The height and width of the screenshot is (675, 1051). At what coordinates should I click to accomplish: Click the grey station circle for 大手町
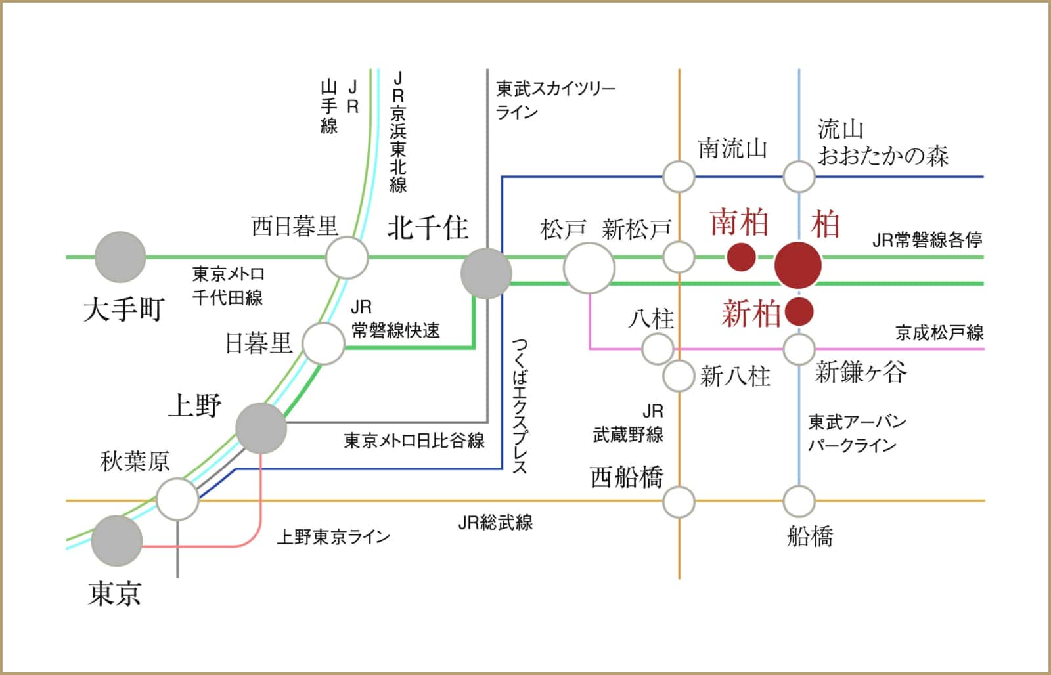coord(120,257)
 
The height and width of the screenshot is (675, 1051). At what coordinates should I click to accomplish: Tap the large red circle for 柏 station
coord(798,265)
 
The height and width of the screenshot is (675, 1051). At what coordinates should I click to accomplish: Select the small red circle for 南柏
coord(741,257)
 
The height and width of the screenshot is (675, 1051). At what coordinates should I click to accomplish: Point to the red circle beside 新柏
coord(799,312)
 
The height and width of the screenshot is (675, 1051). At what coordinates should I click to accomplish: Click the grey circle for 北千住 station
coord(486,273)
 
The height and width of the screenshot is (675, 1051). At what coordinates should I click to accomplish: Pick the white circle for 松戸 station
coord(589,268)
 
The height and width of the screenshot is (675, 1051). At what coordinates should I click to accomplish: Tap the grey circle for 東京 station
coord(117,541)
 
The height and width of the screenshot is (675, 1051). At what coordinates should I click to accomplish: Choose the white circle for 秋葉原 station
coord(177,499)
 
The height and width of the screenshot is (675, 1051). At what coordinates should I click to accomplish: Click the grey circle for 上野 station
coord(261,428)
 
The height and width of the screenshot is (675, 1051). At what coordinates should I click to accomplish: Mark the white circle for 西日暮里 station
coord(347,257)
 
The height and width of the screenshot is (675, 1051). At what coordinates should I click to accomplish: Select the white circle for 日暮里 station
coord(323,343)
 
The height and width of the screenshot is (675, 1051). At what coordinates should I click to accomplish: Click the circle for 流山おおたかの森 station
coord(799,177)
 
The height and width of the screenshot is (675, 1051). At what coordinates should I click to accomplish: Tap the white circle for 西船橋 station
coord(679,502)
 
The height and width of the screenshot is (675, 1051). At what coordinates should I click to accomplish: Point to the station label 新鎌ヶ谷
coord(861,372)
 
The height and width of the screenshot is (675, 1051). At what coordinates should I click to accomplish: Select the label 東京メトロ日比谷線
coord(414,440)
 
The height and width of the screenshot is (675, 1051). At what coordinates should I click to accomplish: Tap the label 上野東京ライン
coord(333,536)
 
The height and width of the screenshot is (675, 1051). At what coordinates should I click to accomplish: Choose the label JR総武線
coord(495,523)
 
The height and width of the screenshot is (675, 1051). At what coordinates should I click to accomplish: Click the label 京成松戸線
coord(939,332)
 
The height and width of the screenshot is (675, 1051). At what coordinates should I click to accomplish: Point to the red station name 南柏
coord(740,223)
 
